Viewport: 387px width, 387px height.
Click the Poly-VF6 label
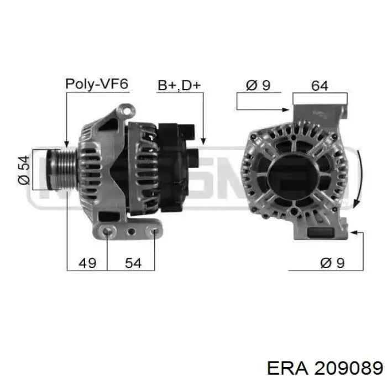coord(97,84)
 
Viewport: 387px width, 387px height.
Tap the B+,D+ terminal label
coord(179,85)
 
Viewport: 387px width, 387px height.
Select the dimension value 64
coord(320,86)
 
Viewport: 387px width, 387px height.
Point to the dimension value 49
coord(87,263)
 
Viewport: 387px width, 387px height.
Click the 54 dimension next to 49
coord(133,263)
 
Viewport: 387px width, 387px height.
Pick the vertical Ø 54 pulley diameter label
coord(24,170)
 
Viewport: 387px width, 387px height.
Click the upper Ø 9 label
coord(258,85)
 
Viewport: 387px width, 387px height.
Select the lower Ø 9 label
coord(332,263)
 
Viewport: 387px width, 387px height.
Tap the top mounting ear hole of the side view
coord(127,112)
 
